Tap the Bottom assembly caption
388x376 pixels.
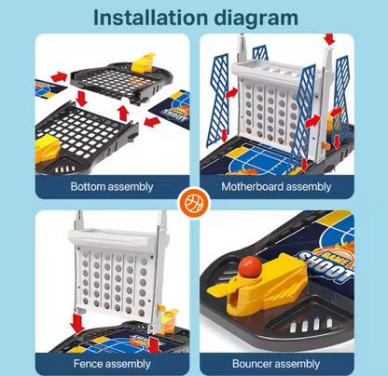tap(112, 187)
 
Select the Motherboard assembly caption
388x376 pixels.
tap(276, 187)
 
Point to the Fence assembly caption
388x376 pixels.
tap(112, 364)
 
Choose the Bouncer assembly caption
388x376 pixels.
tap(276, 364)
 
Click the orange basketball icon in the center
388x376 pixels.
tap(194, 203)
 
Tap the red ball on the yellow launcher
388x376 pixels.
tap(250, 267)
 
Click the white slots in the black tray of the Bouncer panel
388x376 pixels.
tap(311, 325)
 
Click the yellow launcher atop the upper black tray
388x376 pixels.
tap(144, 62)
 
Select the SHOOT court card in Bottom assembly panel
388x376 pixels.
tap(170, 110)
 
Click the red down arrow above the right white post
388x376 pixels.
tap(329, 39)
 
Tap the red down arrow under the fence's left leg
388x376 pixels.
tap(77, 323)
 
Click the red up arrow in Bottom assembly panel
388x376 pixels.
tap(123, 114)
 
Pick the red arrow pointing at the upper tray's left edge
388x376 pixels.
tap(59, 76)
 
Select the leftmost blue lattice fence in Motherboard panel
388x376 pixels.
tap(219, 100)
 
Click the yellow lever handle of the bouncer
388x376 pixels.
tap(219, 290)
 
